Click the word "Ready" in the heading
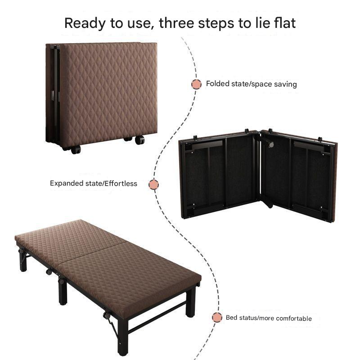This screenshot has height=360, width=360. pos(85,24)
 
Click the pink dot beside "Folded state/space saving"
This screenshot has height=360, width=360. pos(196,84)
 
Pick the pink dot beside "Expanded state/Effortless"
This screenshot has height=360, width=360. pos(153,184)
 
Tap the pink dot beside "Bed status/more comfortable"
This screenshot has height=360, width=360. pos(217,318)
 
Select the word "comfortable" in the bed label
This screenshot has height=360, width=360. pos(294,318)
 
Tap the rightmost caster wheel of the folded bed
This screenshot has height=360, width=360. pos(140,140)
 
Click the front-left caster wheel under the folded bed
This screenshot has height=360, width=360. pos(76,150)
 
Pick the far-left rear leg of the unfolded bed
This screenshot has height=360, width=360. pos(23,260)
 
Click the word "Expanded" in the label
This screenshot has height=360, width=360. pos(67,184)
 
